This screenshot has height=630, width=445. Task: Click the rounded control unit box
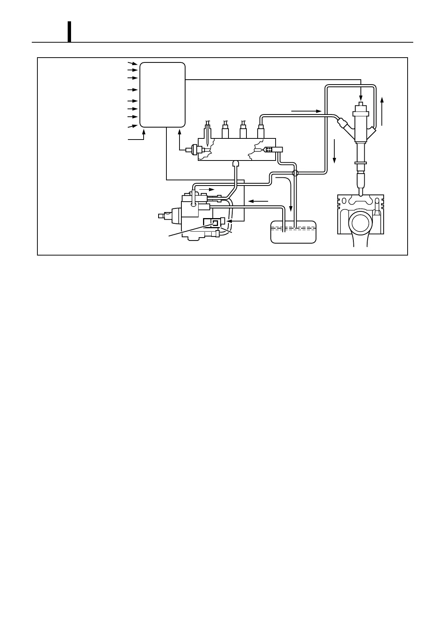[162, 95]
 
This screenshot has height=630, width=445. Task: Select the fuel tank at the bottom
[293, 233]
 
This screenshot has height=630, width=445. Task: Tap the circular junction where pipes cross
[295, 173]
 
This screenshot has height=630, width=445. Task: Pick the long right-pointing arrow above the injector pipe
[306, 111]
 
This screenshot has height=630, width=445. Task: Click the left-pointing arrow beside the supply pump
[258, 201]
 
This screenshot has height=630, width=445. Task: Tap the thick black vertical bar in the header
[69, 32]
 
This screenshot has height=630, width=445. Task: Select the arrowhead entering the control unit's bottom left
[144, 132]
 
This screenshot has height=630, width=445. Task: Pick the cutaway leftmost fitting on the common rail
[208, 135]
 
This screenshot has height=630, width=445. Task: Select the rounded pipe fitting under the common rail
[236, 163]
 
